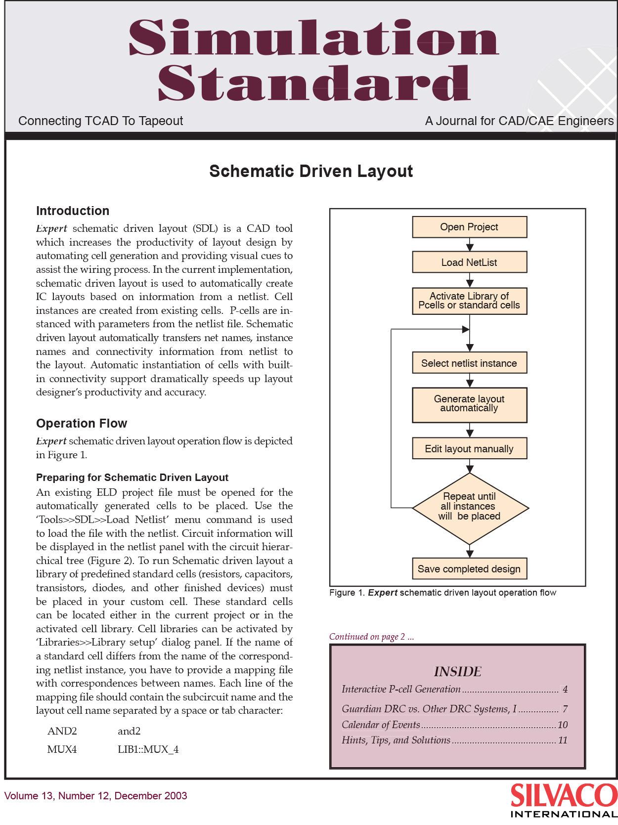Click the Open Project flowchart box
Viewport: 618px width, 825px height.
[470, 227]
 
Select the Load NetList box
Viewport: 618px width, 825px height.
[470, 262]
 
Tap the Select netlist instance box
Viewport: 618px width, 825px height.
[470, 363]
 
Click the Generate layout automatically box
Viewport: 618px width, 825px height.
[470, 405]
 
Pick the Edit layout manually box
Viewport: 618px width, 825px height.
[470, 448]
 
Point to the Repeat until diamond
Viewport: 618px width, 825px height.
[470, 508]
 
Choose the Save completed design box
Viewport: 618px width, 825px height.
[470, 568]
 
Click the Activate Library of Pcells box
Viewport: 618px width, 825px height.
[470, 301]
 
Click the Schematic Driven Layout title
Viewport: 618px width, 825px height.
[311, 172]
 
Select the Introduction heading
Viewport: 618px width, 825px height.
[73, 211]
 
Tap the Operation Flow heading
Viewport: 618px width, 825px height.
[82, 423]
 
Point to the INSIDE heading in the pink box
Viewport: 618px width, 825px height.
[457, 672]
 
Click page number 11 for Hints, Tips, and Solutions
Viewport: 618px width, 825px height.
[563, 740]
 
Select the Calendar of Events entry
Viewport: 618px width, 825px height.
[380, 725]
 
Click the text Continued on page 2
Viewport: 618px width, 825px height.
[371, 637]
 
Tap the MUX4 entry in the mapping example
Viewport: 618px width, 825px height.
[62, 749]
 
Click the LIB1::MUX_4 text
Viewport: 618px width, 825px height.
[148, 749]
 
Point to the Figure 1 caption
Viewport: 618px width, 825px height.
[442, 593]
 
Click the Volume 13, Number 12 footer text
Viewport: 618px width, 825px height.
[95, 796]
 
